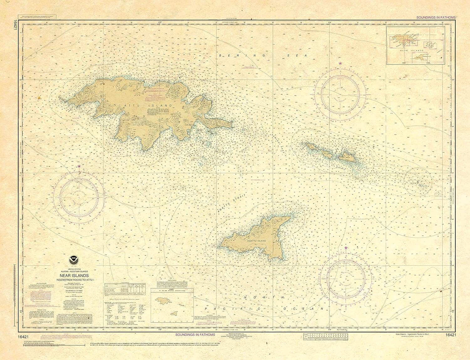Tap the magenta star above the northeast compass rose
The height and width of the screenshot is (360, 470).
point(340,64)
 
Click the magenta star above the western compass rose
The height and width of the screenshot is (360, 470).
point(79,166)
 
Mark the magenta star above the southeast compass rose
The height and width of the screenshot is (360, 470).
point(346,248)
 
